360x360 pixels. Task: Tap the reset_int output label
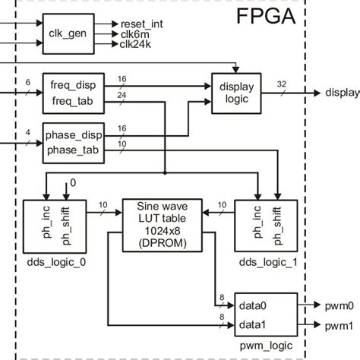tap(141, 24)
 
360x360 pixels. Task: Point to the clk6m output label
tap(134, 34)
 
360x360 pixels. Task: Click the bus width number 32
tap(283, 83)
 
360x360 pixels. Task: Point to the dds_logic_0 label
tap(55, 262)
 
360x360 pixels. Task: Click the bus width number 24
tap(122, 94)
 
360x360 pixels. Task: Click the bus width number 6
tap(28, 82)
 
